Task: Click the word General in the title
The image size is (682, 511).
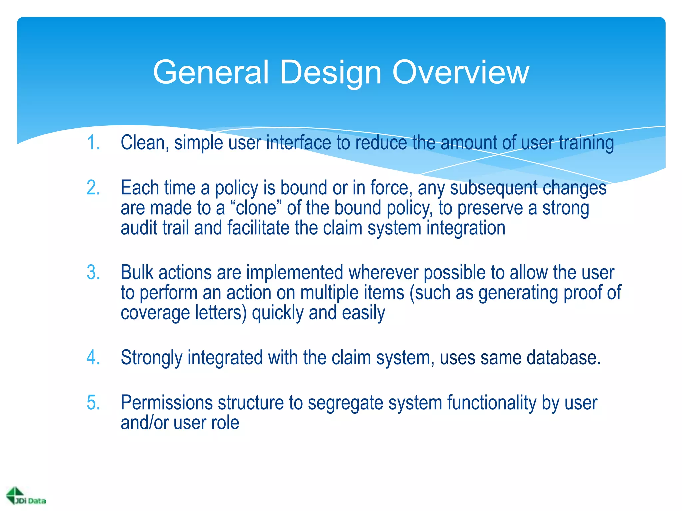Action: tap(210, 72)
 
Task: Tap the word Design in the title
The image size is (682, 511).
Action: tap(330, 72)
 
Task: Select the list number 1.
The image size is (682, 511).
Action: tap(93, 143)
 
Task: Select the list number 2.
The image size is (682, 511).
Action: tap(93, 188)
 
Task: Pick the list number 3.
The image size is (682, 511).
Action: tap(93, 273)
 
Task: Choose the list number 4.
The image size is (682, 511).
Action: tap(93, 358)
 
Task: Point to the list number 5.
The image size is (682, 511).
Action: tap(93, 403)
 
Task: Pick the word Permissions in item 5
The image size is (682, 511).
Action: tap(167, 403)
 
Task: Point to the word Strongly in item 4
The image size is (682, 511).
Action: tap(151, 358)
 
